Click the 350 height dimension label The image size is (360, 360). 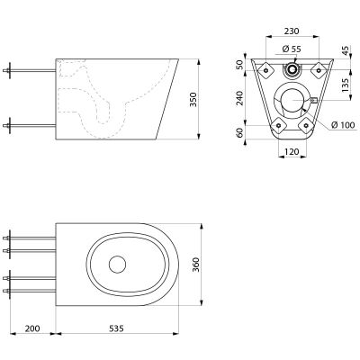[193, 100]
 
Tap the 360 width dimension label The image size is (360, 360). [195, 265]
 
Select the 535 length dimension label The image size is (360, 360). [116, 328]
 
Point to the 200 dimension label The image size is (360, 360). [32, 328]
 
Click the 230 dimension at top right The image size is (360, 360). [292, 31]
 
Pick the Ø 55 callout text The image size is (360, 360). [292, 49]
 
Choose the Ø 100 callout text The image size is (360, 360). [343, 125]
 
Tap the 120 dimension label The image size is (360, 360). [292, 152]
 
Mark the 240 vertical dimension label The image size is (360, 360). [239, 98]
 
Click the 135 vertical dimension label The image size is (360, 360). [346, 85]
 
